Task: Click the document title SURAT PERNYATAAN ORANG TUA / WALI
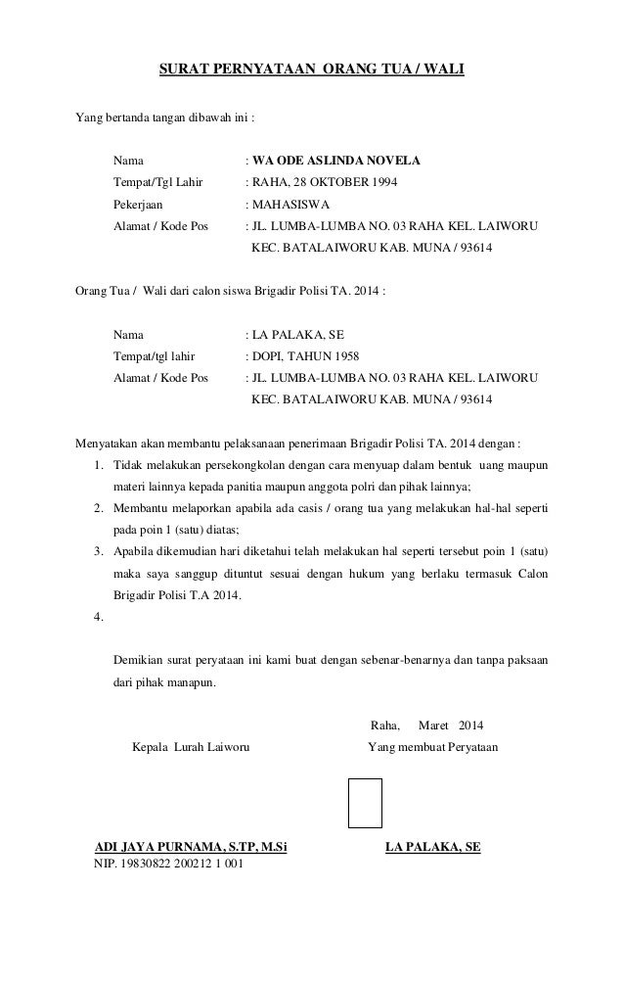[x=312, y=70]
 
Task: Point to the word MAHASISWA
[x=291, y=205]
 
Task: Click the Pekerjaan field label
[x=139, y=205]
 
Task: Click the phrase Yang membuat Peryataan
[x=432, y=749]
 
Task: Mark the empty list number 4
[x=97, y=618]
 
